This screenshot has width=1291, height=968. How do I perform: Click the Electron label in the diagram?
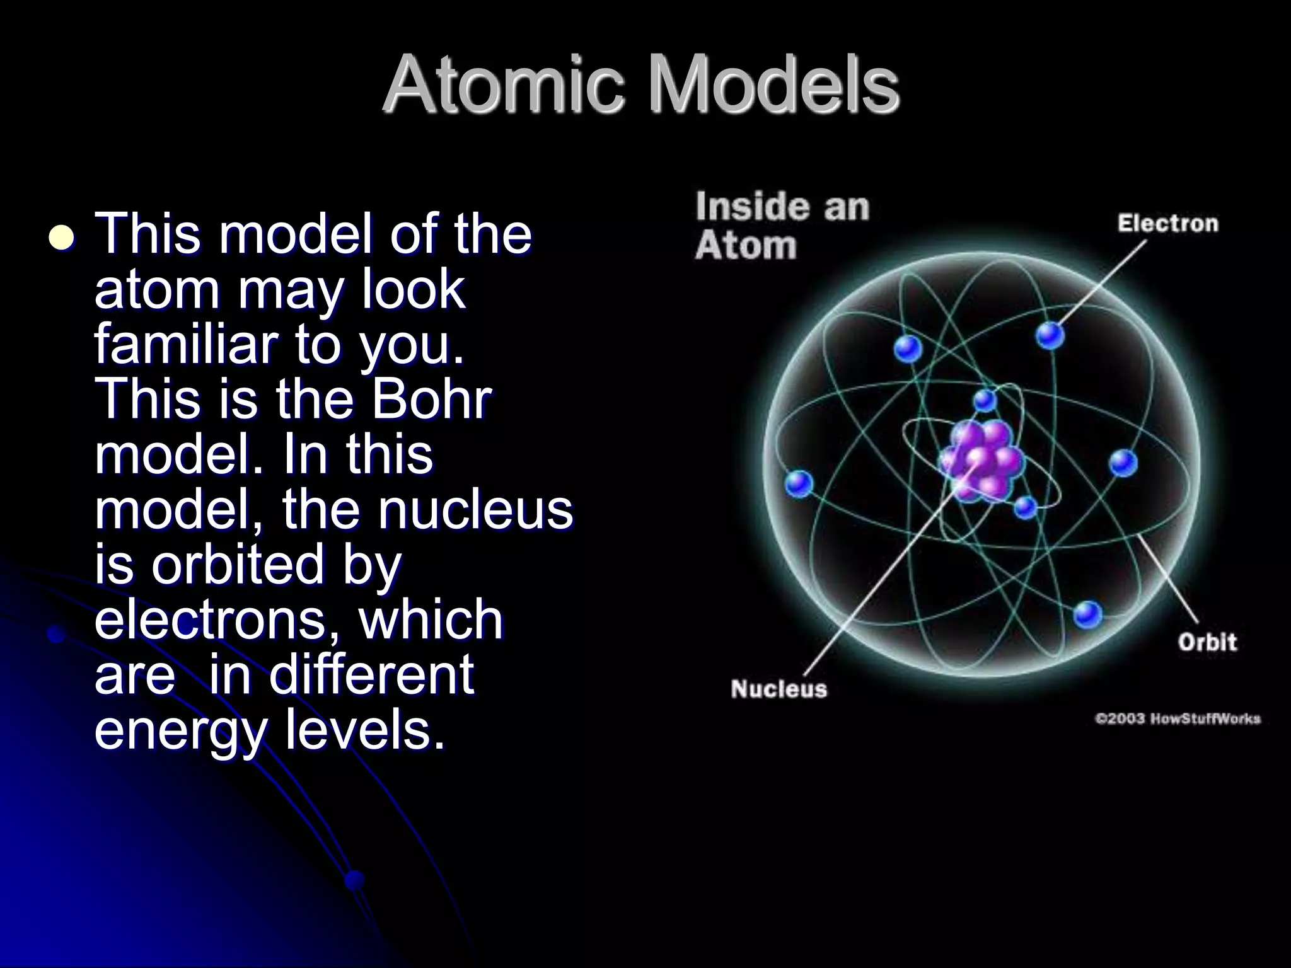[x=1167, y=224]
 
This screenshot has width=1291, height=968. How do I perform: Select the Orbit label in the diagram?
[x=1207, y=642]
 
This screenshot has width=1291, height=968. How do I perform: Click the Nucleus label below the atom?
[x=779, y=689]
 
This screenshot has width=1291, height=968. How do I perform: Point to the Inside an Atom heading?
[x=782, y=226]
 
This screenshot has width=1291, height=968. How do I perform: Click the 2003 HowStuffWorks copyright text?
[x=1178, y=719]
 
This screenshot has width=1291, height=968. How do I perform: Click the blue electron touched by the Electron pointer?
[x=1050, y=335]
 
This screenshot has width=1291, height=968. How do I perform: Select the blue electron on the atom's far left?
[x=799, y=484]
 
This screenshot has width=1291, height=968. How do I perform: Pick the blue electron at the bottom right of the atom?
[x=1087, y=614]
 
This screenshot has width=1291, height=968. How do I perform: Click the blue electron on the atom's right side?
[x=1123, y=463]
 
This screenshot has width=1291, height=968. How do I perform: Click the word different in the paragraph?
[x=371, y=674]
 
